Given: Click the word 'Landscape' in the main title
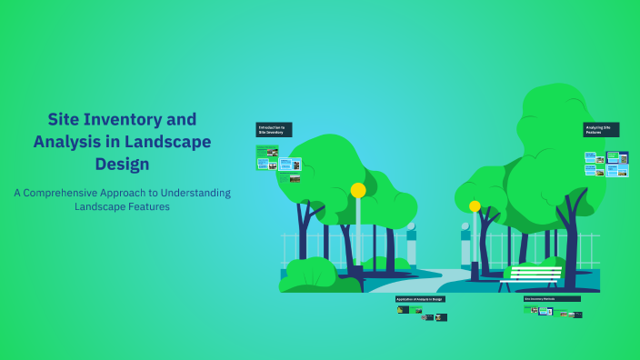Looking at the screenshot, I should coord(166,142).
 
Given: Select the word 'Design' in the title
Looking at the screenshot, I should coord(122,165).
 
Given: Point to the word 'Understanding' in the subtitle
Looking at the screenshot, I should coord(195,193).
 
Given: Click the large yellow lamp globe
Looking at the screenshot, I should coord(358,190).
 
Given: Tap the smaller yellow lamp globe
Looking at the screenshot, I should coord(475,206).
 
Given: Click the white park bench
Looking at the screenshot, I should coord(531,274).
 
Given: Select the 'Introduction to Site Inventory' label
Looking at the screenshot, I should coord(274,130).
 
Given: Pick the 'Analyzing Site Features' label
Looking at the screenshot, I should coord(601,130).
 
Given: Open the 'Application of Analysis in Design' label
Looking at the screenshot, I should coord(420,299).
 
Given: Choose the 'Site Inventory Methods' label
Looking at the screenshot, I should coord(551,298).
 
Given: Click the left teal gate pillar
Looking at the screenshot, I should coord(412,245).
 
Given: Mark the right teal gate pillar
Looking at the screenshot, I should coord(465,245).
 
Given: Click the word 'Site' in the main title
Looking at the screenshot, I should coord(66,119).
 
